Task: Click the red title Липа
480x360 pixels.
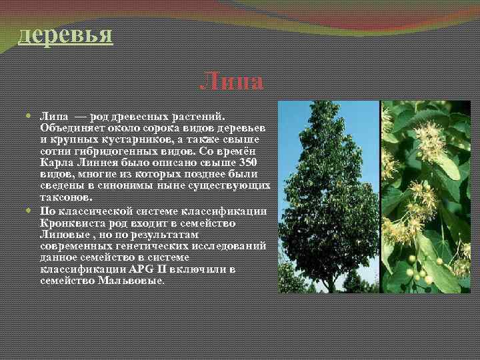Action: point(231,83)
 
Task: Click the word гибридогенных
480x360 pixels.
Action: point(101,151)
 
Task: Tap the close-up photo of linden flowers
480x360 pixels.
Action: point(425,197)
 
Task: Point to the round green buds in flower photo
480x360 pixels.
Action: point(417,270)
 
